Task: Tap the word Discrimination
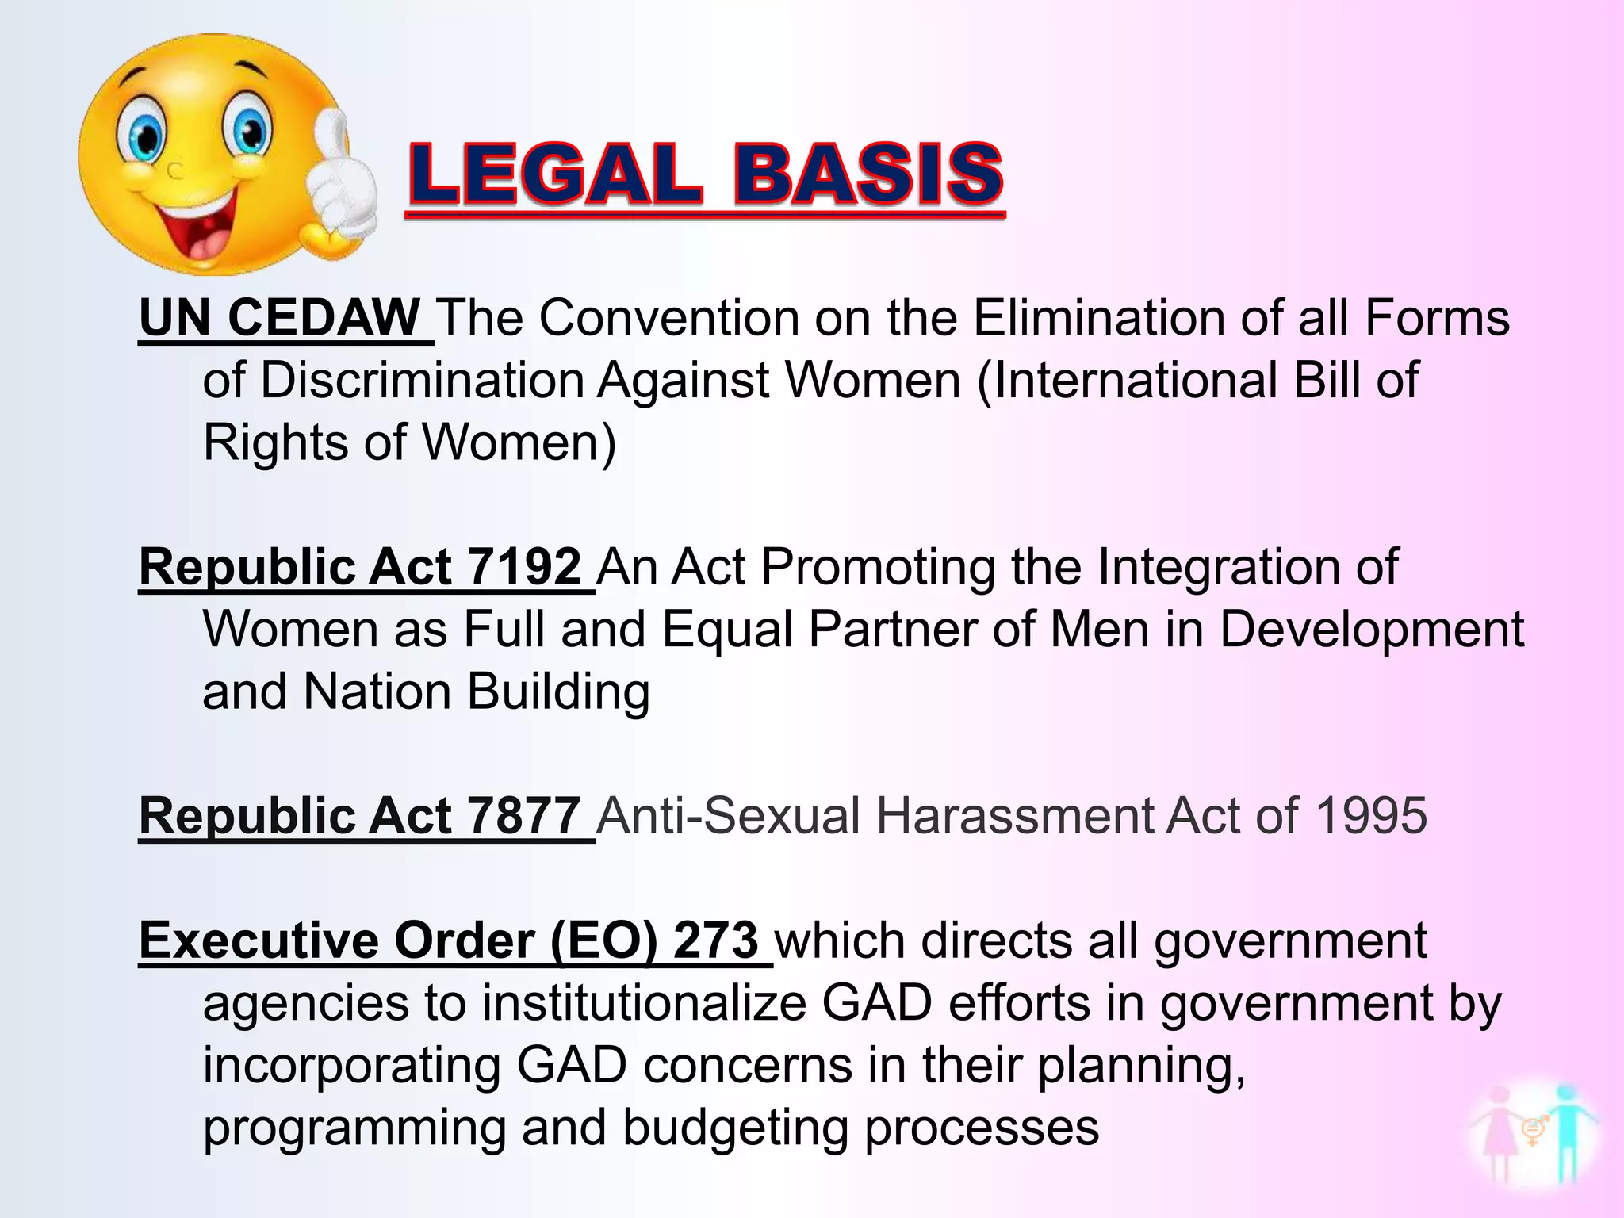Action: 422,380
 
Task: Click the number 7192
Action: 524,567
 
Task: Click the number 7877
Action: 524,816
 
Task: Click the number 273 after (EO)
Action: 715,940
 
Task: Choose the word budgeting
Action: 735,1128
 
